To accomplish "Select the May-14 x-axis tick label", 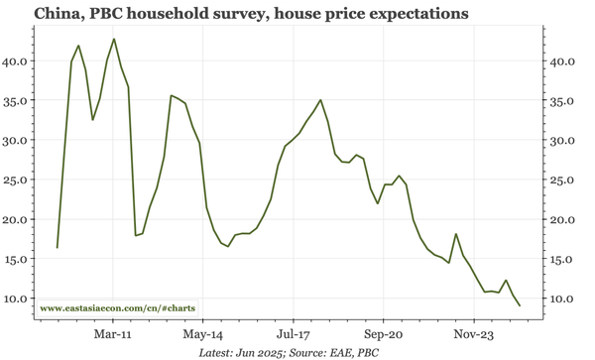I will click(x=203, y=335).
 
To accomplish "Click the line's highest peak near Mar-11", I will click(x=114, y=39).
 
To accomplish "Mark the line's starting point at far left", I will click(x=58, y=248).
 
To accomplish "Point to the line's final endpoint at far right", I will click(x=520, y=305).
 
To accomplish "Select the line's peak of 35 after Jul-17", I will click(x=320, y=100).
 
